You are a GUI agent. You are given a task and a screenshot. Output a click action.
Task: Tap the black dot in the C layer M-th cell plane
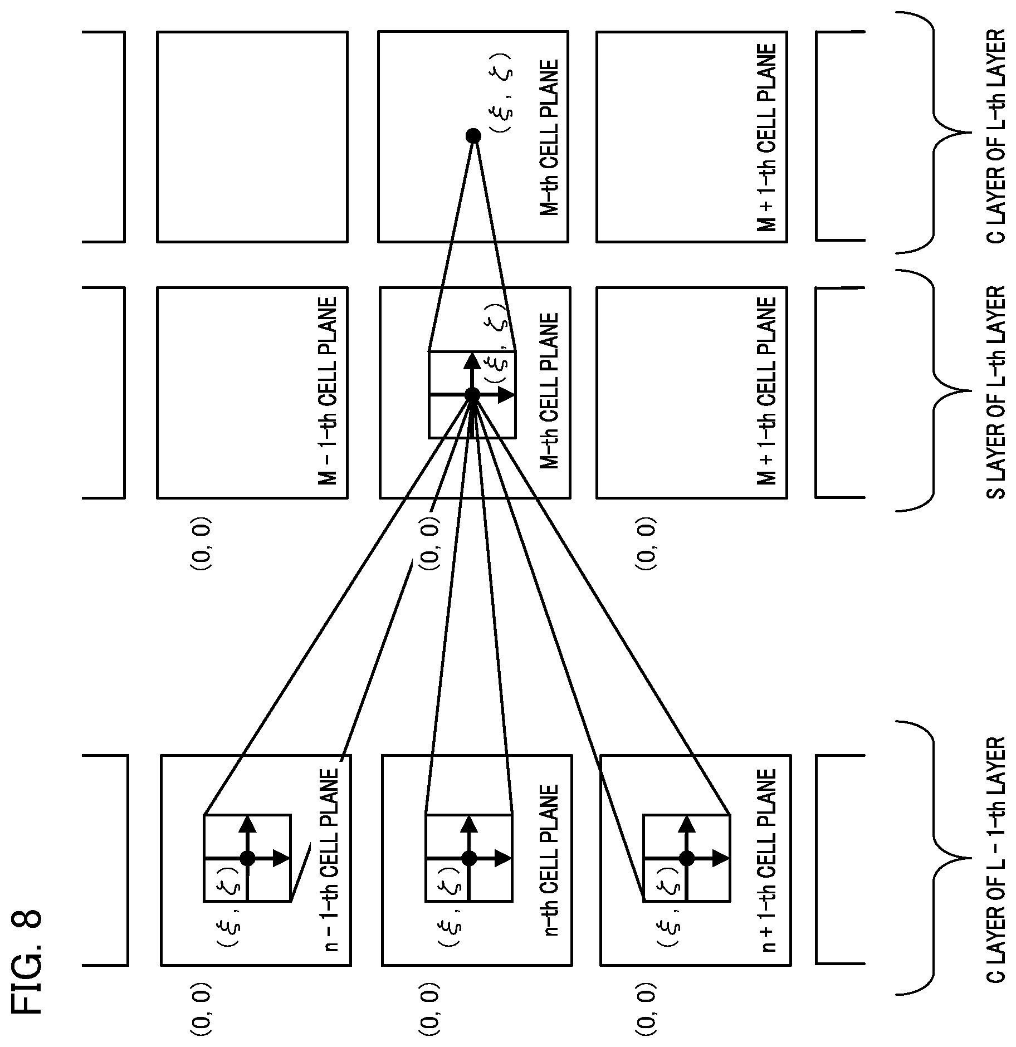point(473,135)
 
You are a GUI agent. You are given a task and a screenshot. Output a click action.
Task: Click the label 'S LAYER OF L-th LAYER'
point(995,392)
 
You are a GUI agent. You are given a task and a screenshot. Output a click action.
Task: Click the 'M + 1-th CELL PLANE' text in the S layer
point(767,391)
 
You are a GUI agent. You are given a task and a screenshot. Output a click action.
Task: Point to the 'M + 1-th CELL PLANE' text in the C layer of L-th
point(767,138)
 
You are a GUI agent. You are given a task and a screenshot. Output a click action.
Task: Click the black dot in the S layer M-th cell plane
point(472,395)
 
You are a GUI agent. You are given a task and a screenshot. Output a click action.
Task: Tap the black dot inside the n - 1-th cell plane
point(247,858)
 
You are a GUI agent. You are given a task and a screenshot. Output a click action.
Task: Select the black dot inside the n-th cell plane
point(469,858)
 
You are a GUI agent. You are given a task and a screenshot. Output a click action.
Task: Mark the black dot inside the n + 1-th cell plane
point(687,858)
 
